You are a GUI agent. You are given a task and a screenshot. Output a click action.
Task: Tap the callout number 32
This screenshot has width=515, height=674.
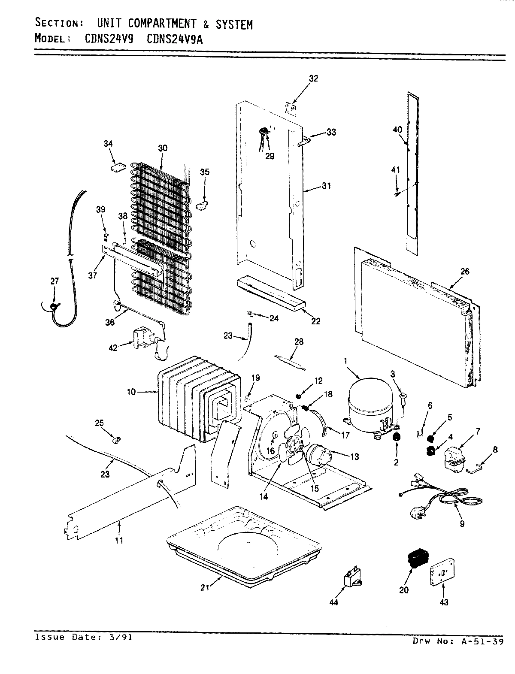pyautogui.click(x=313, y=79)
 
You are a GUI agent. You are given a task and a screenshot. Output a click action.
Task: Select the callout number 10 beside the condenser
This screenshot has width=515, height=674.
pyautogui.click(x=131, y=391)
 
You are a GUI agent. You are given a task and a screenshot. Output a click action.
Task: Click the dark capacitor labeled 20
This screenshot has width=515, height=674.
pyautogui.click(x=415, y=559)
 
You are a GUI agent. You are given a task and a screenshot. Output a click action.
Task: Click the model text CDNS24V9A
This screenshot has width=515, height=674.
pyautogui.click(x=175, y=39)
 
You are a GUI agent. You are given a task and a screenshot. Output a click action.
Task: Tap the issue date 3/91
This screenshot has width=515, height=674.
pyautogui.click(x=122, y=637)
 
